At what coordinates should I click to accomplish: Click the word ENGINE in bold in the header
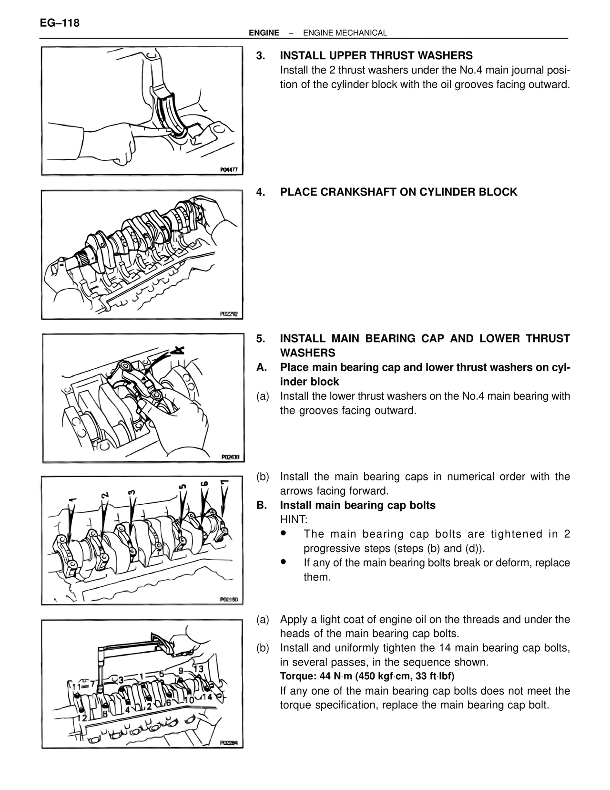tap(264, 33)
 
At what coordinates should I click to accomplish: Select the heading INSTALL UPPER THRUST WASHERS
tap(376, 55)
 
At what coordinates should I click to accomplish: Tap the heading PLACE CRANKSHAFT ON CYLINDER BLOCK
tap(398, 192)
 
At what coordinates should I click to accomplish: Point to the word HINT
tap(293, 519)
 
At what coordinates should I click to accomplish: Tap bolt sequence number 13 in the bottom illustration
tap(198, 669)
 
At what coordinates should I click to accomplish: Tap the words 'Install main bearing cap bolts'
tap(357, 505)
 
